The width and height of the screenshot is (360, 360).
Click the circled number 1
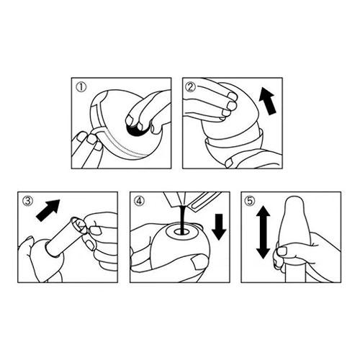coord(81,87)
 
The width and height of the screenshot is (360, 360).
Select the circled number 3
coord(27,201)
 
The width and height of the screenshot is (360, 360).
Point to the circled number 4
coord(139,201)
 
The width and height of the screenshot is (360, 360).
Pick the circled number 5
coord(250,201)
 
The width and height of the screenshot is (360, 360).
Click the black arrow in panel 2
coord(268,101)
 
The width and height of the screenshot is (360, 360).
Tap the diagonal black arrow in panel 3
coord(48,210)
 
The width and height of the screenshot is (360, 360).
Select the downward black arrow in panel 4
coord(219,227)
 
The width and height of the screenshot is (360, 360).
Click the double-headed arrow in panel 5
coord(264,232)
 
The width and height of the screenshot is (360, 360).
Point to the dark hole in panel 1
coord(135,131)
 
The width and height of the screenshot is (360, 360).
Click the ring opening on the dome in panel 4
coord(181,231)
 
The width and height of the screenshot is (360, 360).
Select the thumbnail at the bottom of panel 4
coord(199,262)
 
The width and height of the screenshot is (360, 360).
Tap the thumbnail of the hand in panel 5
coord(282,251)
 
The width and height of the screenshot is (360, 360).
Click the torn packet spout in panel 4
coord(176,199)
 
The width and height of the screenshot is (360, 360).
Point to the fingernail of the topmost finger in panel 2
coord(233,96)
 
